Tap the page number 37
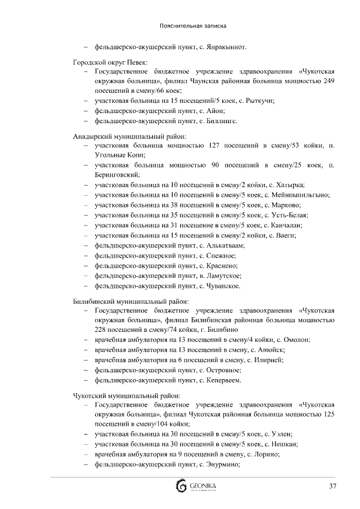332,486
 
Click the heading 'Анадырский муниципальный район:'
130,137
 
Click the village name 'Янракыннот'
227,47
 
